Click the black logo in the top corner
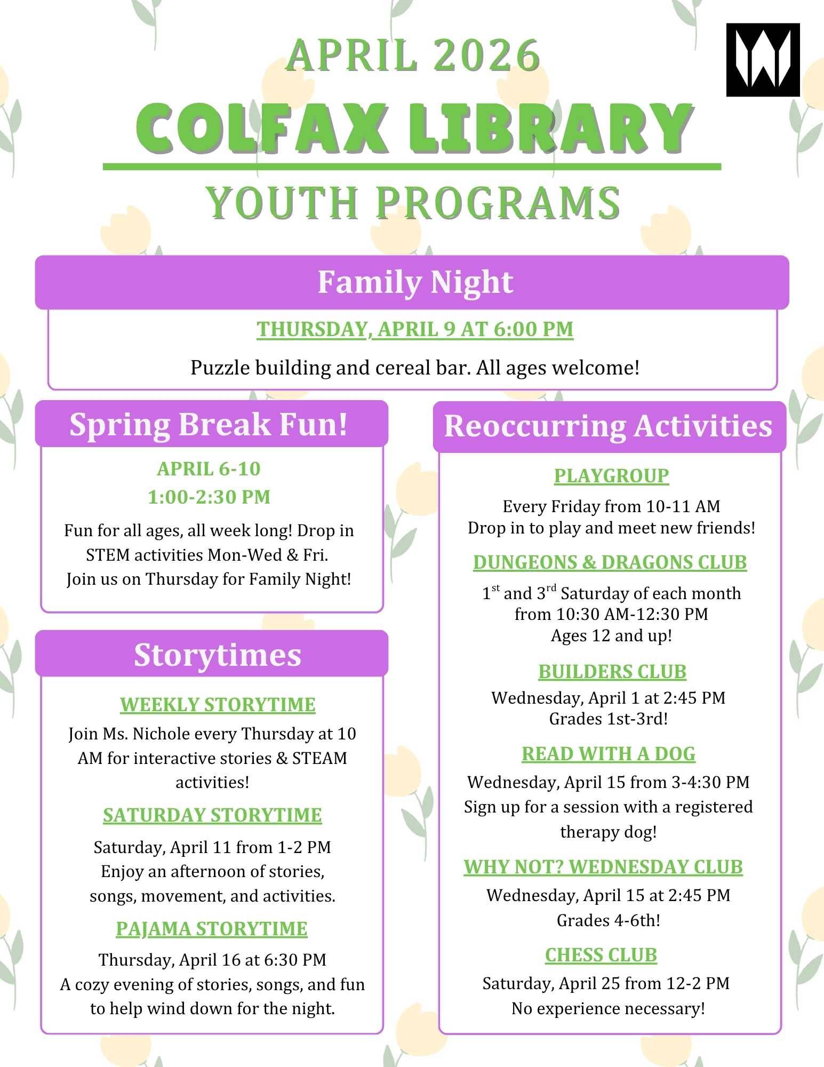[763, 60]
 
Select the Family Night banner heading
[415, 282]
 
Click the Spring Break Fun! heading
[209, 425]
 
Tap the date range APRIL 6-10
[209, 469]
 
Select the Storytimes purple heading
[217, 655]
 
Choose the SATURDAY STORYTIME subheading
[212, 815]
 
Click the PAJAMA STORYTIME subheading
[212, 929]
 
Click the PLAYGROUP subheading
[611, 475]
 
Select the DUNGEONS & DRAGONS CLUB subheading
[610, 562]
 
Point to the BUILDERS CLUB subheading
[612, 672]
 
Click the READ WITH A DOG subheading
[609, 754]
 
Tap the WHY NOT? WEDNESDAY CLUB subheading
[603, 867]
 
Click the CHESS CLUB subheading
[601, 954]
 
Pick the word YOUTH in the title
[282, 203]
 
